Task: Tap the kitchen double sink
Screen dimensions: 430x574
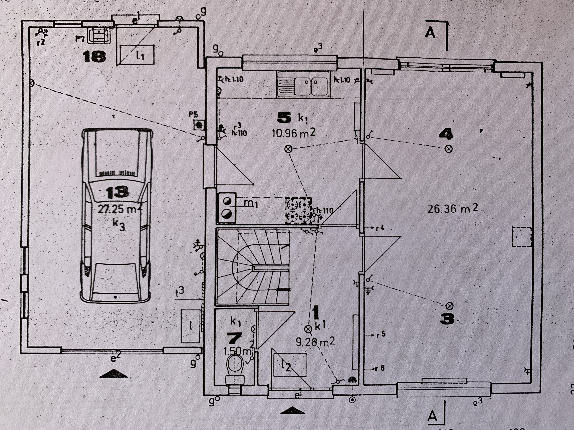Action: tap(302, 84)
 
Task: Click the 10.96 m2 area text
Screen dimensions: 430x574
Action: tap(293, 133)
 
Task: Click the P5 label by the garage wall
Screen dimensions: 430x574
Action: tap(193, 114)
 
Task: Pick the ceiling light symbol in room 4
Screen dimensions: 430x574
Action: tap(449, 149)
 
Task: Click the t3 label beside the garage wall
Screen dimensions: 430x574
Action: tap(180, 292)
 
